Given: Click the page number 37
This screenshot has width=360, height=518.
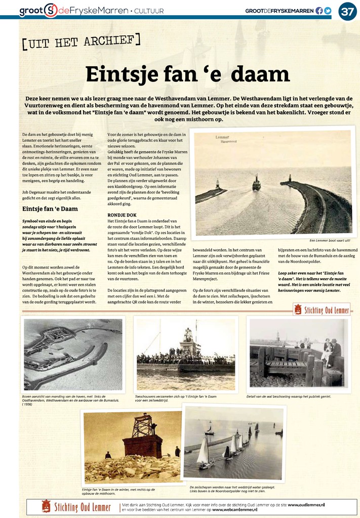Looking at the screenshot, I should [x=347, y=11].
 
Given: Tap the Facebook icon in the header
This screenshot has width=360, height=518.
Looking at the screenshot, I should [x=319, y=11].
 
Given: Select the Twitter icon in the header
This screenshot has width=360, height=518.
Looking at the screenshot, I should [x=328, y=11].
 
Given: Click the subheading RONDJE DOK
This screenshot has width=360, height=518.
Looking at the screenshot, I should [x=122, y=215].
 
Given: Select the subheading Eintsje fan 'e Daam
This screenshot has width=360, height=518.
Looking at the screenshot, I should [x=50, y=208].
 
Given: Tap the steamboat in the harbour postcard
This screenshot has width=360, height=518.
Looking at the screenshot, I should [x=257, y=183].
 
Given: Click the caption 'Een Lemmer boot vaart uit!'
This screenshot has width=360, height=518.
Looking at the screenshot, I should [x=330, y=240].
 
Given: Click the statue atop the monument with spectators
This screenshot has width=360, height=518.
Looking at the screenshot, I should [x=188, y=334].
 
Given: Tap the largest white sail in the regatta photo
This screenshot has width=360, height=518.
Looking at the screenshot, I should [x=203, y=452].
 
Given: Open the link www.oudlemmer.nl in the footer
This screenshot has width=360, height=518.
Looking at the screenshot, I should [x=306, y=504].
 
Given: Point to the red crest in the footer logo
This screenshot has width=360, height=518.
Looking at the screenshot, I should [x=46, y=506].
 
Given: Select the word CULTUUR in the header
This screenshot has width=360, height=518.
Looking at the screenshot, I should [x=150, y=11].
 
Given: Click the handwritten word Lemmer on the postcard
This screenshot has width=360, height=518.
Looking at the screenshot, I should [x=222, y=137].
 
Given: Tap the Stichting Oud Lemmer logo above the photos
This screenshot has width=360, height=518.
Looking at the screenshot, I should [x=322, y=310].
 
